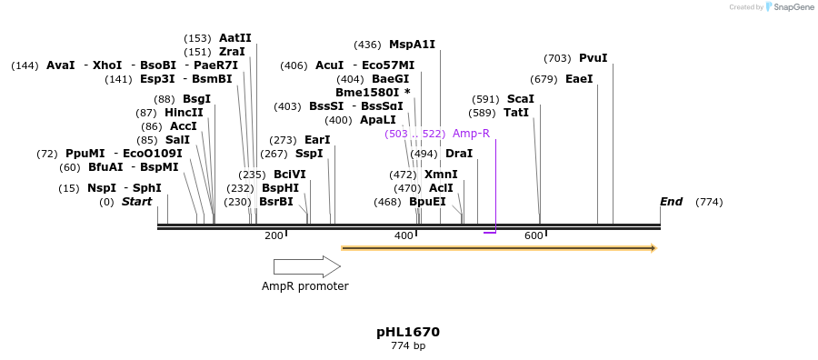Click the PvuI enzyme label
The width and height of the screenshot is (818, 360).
pyautogui.click(x=593, y=58)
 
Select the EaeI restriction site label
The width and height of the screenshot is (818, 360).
pyautogui.click(x=579, y=79)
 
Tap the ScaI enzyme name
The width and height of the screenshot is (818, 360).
pyautogui.click(x=520, y=99)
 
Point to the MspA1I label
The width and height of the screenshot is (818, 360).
pyautogui.click(x=412, y=45)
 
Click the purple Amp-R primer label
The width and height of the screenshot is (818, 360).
pyautogui.click(x=471, y=134)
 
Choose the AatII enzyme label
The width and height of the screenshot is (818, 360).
pyautogui.click(x=234, y=38)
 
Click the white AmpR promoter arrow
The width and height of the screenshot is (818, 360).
pyautogui.click(x=306, y=266)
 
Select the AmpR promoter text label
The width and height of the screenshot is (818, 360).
pyautogui.click(x=305, y=286)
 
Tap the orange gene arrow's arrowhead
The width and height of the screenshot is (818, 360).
pyautogui.click(x=653, y=248)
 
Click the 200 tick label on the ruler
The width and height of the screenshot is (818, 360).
pyautogui.click(x=274, y=236)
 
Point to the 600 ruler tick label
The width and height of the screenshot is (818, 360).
pyautogui.click(x=534, y=236)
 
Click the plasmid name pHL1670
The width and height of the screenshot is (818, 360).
pyautogui.click(x=408, y=333)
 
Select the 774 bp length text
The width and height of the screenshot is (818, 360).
pyautogui.click(x=408, y=346)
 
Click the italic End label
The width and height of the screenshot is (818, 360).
pyautogui.click(x=671, y=202)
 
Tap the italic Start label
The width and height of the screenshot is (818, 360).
pyautogui.click(x=136, y=202)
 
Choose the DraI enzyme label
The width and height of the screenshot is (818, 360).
pyautogui.click(x=458, y=154)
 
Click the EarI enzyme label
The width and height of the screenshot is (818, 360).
pyautogui.click(x=317, y=140)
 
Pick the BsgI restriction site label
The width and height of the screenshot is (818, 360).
pyautogui.click(x=196, y=99)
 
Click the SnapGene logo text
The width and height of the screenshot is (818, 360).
pyautogui.click(x=793, y=7)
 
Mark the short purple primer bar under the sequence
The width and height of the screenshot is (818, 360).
pyautogui.click(x=490, y=233)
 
